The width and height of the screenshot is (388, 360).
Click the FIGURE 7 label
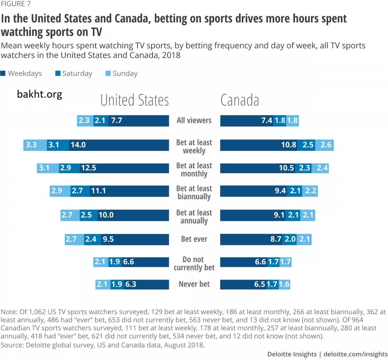[16, 4]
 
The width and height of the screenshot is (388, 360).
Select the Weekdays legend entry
[22, 74]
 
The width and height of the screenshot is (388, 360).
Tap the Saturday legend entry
[74, 74]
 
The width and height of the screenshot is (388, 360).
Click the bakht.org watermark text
[39, 94]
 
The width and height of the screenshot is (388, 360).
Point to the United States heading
[135, 100]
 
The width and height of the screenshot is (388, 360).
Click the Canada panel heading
[239, 100]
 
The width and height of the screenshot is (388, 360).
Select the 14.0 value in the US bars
[78, 145]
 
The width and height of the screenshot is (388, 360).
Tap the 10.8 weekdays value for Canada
[288, 145]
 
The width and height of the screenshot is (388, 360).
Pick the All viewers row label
[194, 121]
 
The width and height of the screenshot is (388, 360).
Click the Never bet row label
[194, 284]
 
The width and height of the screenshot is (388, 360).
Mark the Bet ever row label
[194, 239]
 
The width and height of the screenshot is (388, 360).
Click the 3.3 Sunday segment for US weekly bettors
[31, 145]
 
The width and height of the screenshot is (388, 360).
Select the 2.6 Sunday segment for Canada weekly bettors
[326, 145]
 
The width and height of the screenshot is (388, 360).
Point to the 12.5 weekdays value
[88, 168]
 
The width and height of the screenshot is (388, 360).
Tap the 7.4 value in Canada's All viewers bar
[267, 121]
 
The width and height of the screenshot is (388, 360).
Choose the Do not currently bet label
[194, 263]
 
